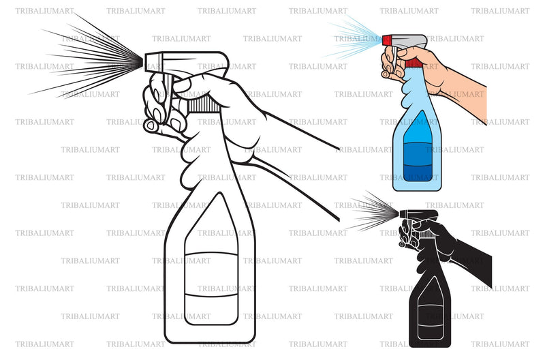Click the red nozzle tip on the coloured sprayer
[x=387, y=40]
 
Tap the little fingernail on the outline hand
[x=151, y=125]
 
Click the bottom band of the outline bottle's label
[x=211, y=310]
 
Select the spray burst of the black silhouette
[x=371, y=213]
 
